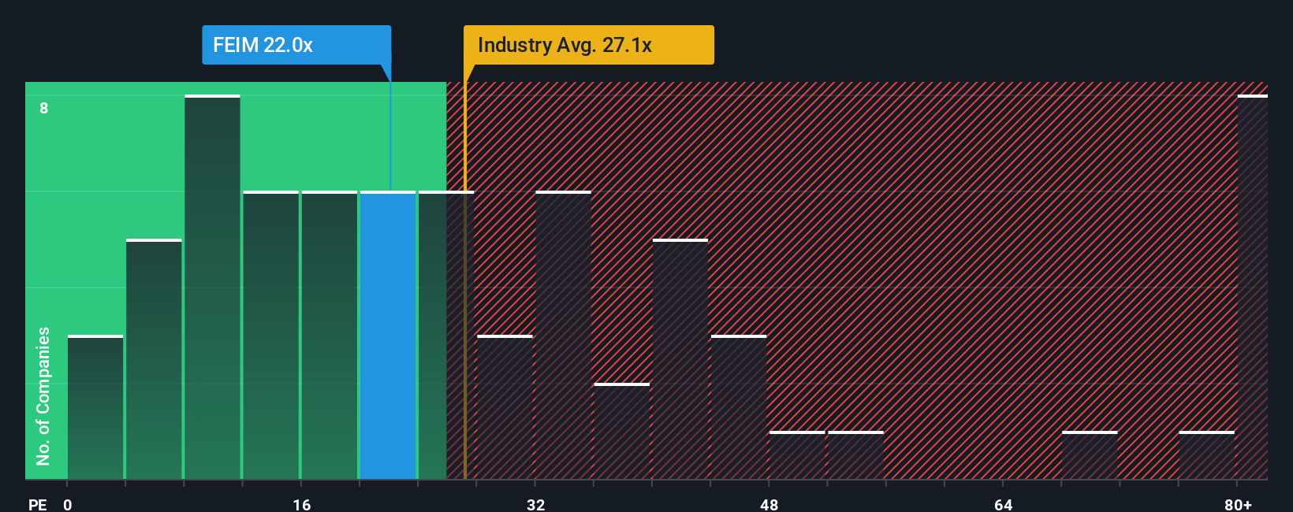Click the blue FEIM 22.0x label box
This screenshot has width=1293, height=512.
coord(296,45)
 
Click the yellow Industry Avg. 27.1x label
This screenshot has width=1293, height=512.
coord(588,45)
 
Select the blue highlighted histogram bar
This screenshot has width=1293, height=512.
coord(388,335)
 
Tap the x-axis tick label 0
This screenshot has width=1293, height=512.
coord(68,504)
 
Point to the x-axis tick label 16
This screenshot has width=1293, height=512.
coord(302,504)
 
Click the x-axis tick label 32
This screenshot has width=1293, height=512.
coord(536,504)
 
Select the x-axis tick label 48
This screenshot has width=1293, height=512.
coord(769,504)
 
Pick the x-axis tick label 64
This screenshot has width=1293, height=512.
coord(1003,504)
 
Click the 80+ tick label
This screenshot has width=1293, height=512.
coord(1238,504)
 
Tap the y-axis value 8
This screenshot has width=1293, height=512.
coord(44,108)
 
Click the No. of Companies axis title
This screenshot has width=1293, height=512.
coord(43,395)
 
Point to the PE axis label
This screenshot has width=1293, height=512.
coord(37,504)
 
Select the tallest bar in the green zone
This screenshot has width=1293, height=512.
coord(212,288)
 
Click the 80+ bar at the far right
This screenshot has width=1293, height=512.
coord(1252,288)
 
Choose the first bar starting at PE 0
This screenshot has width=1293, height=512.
coord(95,407)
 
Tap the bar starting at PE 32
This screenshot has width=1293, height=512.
coord(563,335)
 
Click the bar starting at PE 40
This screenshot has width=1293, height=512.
coord(680,359)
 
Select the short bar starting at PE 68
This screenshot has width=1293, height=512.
coord(1090,455)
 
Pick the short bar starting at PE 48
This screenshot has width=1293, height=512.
coord(797,455)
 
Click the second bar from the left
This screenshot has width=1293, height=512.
coord(154,359)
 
